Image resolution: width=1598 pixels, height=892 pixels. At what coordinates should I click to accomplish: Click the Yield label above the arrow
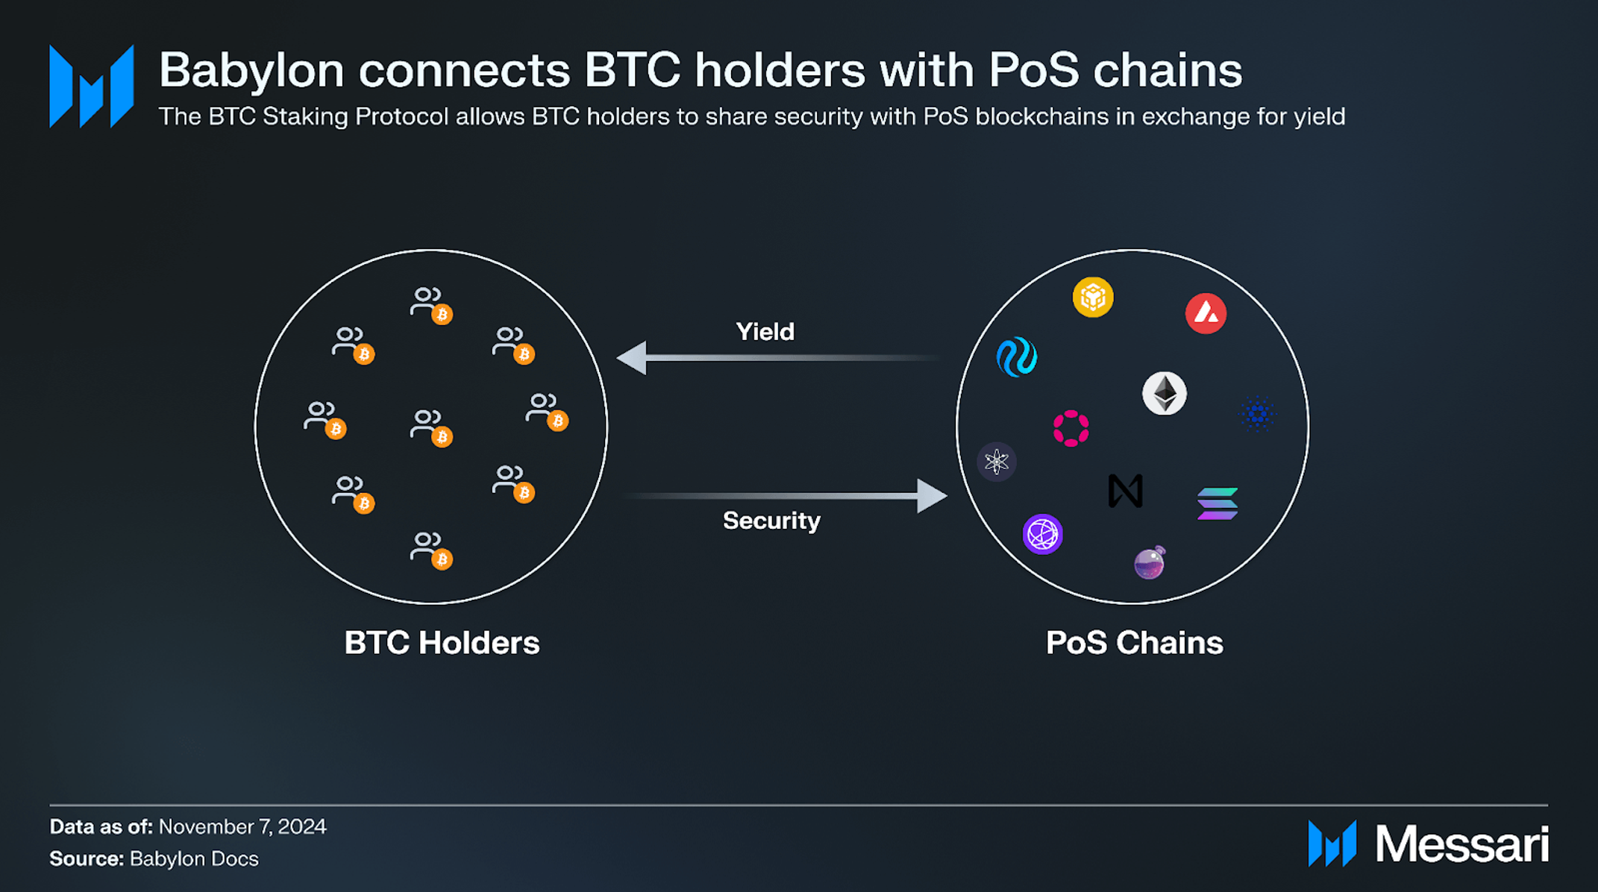click(x=765, y=332)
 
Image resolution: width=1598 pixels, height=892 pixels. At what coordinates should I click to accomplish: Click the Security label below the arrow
click(x=771, y=521)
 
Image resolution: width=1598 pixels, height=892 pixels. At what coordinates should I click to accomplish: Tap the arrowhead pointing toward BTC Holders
click(x=633, y=358)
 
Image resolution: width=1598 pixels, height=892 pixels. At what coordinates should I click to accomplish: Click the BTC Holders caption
click(x=442, y=643)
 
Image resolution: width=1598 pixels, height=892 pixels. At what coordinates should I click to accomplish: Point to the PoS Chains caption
click(x=1134, y=643)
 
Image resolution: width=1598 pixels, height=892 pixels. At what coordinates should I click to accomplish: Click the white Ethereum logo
click(x=1164, y=393)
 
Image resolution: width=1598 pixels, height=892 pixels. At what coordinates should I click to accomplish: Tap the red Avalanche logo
click(x=1206, y=313)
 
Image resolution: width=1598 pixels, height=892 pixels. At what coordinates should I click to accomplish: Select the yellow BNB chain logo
click(x=1093, y=298)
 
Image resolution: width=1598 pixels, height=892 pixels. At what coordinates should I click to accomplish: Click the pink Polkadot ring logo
click(x=1071, y=428)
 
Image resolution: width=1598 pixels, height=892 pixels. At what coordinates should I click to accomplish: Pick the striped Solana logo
click(x=1218, y=503)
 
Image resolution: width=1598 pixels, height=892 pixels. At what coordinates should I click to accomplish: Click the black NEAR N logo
click(x=1125, y=491)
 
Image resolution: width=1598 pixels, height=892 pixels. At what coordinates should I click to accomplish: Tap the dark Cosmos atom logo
click(x=997, y=462)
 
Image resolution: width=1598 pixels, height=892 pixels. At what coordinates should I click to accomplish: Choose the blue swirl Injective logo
click(x=1017, y=357)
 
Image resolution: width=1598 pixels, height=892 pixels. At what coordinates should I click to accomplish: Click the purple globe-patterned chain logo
click(x=1042, y=534)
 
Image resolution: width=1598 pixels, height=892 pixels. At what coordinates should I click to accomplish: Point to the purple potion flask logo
click(x=1150, y=563)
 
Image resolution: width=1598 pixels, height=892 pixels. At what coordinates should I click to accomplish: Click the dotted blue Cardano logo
click(x=1257, y=413)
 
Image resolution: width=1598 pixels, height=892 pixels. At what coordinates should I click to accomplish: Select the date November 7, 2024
click(x=242, y=827)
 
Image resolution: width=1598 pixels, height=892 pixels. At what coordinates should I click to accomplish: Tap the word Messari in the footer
click(x=1461, y=844)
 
